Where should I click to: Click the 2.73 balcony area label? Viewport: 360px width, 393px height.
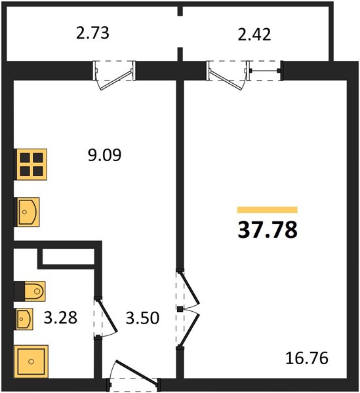click(x=92, y=33)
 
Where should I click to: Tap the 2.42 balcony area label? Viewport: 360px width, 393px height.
click(x=254, y=34)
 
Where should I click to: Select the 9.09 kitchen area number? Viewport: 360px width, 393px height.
click(x=105, y=155)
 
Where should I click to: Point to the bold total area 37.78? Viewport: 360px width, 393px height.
click(x=268, y=230)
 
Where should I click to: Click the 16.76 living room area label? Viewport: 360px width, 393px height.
click(x=307, y=358)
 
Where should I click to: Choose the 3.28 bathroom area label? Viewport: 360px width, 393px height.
click(x=60, y=318)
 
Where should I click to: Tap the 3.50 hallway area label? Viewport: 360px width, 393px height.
click(x=142, y=318)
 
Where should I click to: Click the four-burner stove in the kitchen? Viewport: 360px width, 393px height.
click(x=31, y=164)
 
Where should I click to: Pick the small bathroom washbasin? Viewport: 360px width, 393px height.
click(x=24, y=319)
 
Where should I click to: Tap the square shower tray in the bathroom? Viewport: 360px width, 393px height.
click(x=31, y=361)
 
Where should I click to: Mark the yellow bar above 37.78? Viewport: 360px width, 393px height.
click(x=268, y=210)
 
